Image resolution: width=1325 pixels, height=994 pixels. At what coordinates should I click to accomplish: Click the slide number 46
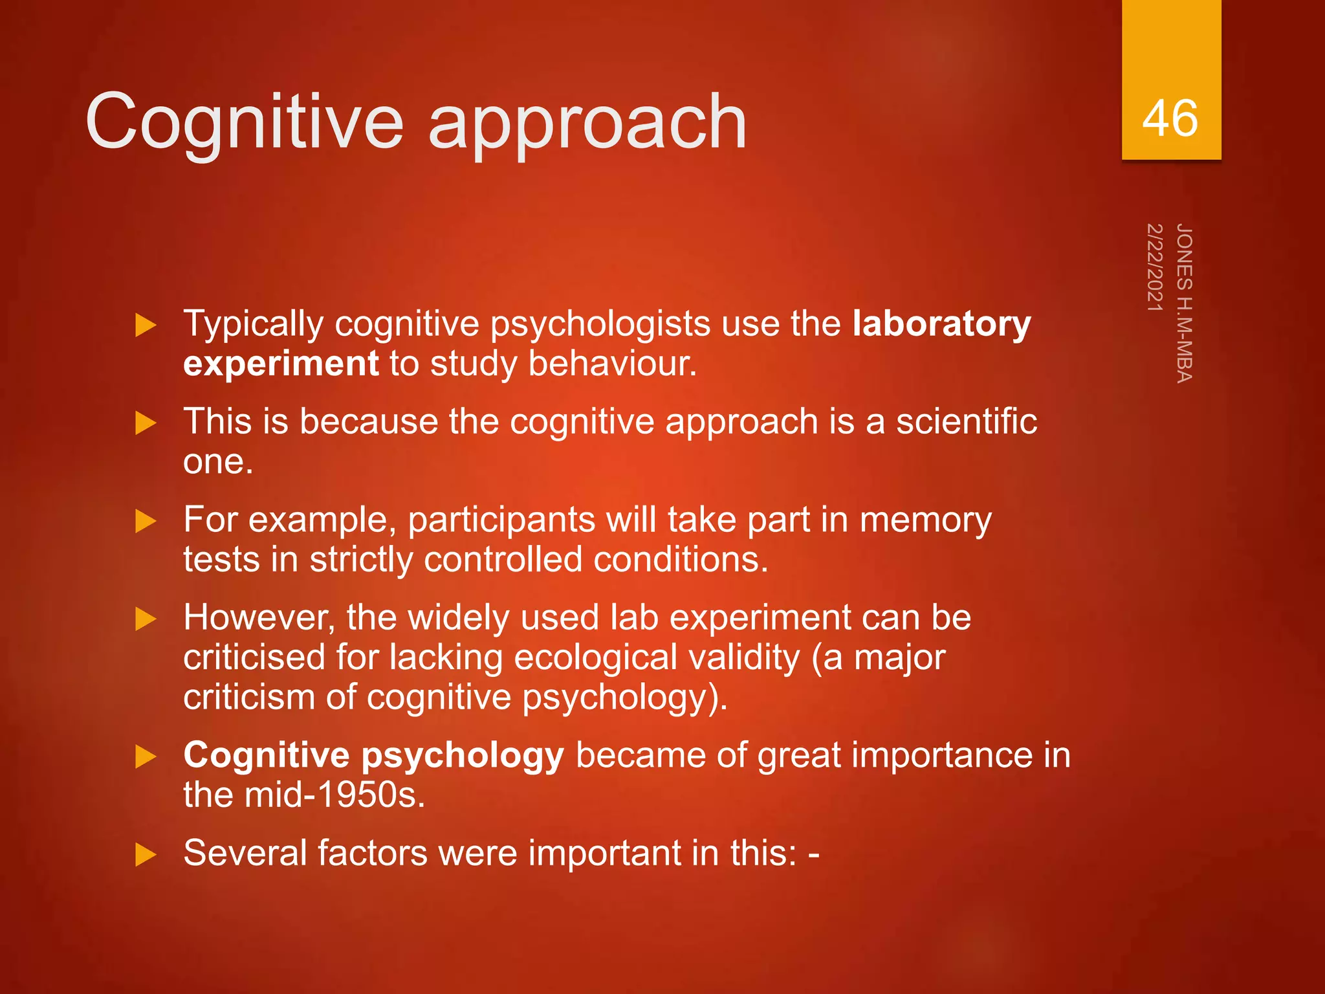coord(1170,118)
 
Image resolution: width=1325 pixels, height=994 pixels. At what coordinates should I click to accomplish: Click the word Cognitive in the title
coord(245,122)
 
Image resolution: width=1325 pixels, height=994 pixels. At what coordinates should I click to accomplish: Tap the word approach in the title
coord(587,123)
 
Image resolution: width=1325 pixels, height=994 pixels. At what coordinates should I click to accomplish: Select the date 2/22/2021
coord(1155,267)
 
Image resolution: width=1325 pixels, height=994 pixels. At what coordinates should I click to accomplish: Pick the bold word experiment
coord(281,364)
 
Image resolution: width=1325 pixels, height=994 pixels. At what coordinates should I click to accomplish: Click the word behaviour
coord(612,364)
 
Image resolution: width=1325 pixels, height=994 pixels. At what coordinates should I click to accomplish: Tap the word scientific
coord(966,422)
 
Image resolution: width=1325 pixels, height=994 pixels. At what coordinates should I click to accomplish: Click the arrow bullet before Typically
coord(146,326)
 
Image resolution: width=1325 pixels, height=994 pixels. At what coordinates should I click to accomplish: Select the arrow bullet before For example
coord(146,522)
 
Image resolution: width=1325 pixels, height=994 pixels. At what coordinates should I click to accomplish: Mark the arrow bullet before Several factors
coord(146,855)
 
